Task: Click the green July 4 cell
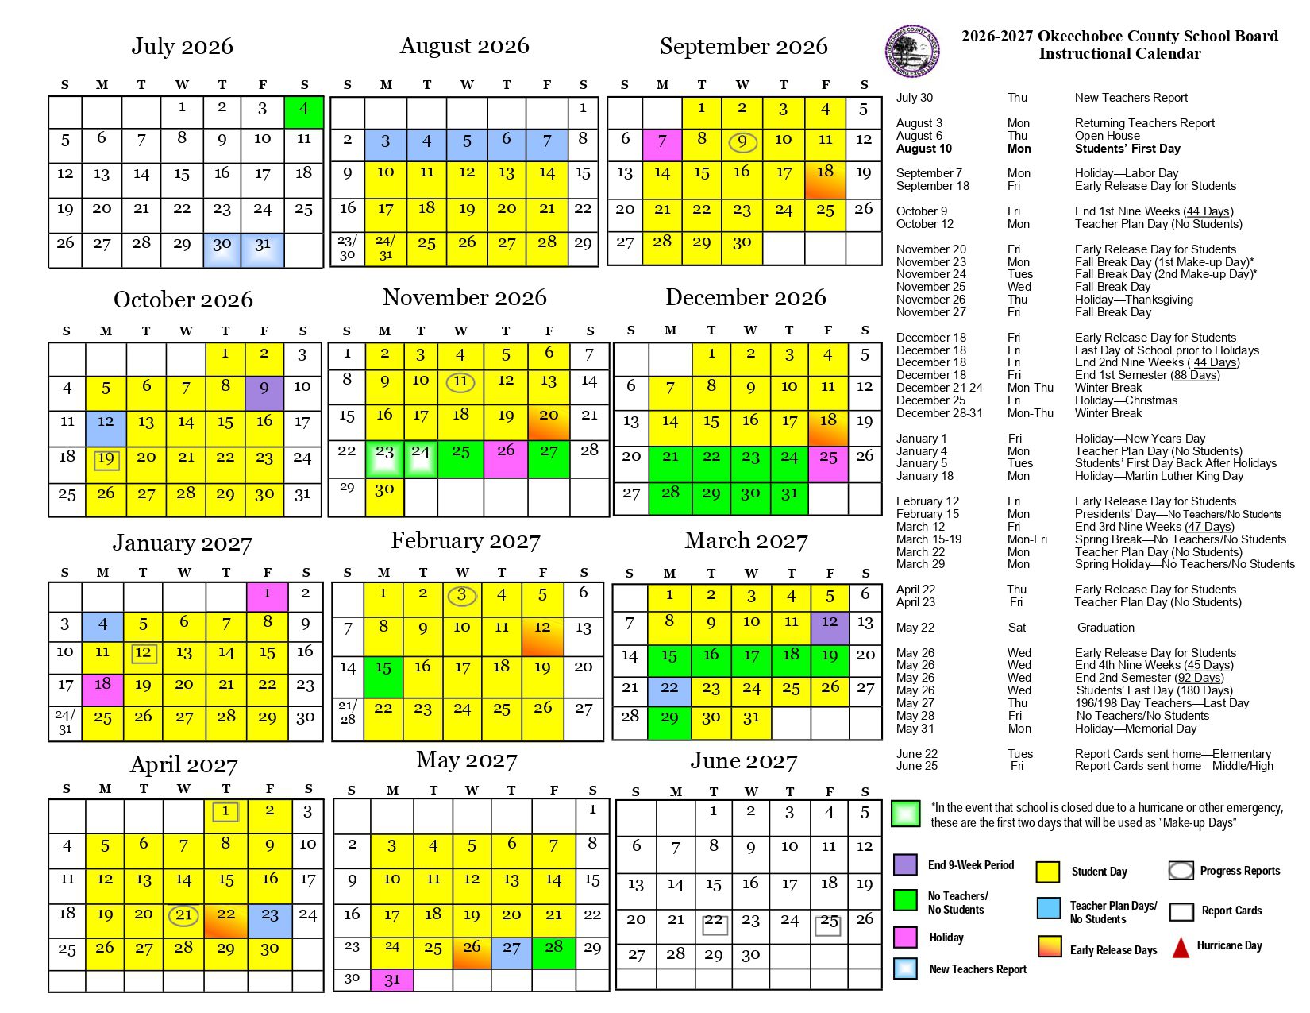(304, 112)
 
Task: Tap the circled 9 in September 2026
(742, 142)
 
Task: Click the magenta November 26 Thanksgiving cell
(506, 460)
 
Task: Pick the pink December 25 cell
(828, 465)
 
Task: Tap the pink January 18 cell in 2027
(102, 689)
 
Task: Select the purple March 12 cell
(830, 628)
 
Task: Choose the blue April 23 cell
(270, 920)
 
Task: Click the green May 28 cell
(553, 952)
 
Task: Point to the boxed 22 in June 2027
(715, 925)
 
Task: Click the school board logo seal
(913, 51)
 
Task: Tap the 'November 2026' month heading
(464, 297)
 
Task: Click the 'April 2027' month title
(184, 764)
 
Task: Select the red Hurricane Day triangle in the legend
(1181, 947)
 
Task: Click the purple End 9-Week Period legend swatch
(906, 864)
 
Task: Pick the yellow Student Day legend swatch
(1048, 872)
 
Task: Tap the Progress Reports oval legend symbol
(1181, 871)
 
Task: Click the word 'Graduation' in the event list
(1105, 628)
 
